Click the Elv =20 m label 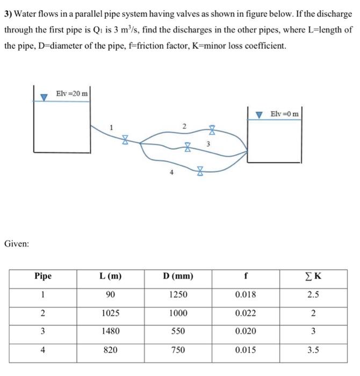click(x=72, y=93)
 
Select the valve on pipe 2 click(x=212, y=129)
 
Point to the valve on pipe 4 click(x=199, y=171)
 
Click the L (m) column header click(x=110, y=277)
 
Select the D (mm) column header click(x=178, y=277)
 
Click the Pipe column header click(x=43, y=277)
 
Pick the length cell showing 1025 click(x=110, y=313)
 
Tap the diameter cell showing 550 click(x=178, y=331)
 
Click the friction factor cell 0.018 click(x=246, y=295)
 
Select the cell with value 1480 click(x=110, y=331)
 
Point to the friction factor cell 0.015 click(x=246, y=350)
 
